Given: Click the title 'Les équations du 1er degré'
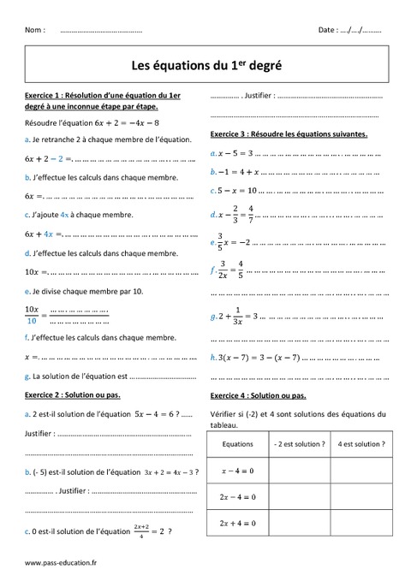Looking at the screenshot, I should (205, 63).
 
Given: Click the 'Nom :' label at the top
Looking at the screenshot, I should (35, 30).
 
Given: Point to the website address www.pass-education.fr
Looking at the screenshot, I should (61, 564).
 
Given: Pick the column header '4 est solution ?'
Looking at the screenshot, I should (360, 445).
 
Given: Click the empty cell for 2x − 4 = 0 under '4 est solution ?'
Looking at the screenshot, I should (360, 496).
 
